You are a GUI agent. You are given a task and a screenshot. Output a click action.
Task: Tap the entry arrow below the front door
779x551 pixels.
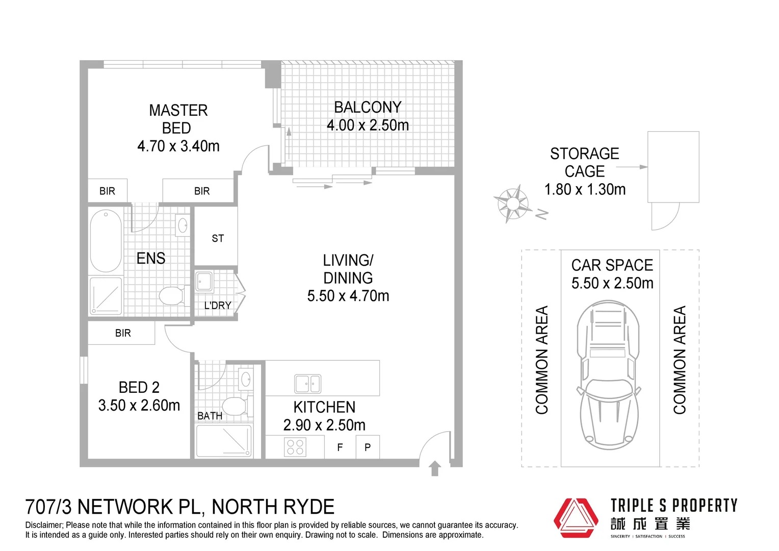click(x=435, y=468)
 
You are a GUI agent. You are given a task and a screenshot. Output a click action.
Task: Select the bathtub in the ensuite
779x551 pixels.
click(x=106, y=240)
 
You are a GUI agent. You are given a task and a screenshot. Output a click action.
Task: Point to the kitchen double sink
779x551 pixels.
click(x=307, y=384)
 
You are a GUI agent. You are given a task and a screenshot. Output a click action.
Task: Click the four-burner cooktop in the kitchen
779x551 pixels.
click(x=295, y=447)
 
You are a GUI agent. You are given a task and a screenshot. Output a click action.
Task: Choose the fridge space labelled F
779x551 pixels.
click(x=340, y=447)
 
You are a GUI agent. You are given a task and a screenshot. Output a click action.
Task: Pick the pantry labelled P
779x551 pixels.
click(x=368, y=447)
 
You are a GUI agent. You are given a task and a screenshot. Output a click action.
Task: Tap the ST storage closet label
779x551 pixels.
click(x=218, y=238)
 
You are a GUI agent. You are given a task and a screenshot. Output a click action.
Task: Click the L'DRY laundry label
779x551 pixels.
click(x=218, y=305)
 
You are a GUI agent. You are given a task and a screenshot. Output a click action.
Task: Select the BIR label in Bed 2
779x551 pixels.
click(x=123, y=333)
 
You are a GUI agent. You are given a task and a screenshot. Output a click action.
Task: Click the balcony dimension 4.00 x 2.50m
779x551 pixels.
click(x=368, y=125)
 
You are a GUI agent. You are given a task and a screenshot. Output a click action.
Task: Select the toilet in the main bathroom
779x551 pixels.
click(x=235, y=406)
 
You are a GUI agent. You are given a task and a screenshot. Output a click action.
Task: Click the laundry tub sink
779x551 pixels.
click(x=204, y=281)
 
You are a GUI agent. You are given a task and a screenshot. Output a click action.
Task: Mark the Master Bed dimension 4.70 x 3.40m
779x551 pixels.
click(x=178, y=146)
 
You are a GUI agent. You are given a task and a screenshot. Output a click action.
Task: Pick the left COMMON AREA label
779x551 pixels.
click(x=541, y=360)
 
